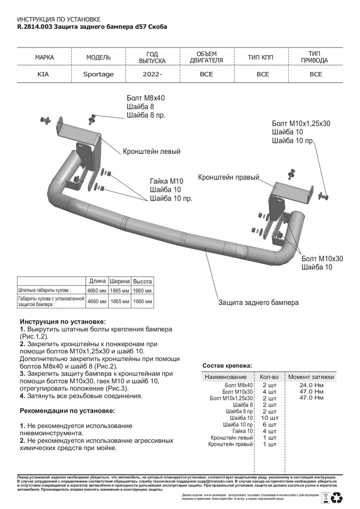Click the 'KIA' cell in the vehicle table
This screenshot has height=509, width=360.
point(43,74)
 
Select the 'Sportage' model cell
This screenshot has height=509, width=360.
point(98,74)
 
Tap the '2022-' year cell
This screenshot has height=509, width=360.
point(152,74)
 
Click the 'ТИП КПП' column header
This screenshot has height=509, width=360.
point(262,57)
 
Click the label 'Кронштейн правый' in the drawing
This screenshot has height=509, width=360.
point(228,177)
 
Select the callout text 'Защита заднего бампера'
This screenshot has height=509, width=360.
point(258,303)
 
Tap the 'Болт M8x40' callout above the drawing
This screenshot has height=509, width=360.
point(145,98)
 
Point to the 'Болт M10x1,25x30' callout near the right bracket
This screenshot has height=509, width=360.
point(301,124)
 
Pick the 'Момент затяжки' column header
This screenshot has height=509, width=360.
point(311,377)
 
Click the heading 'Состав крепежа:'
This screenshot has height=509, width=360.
point(227,366)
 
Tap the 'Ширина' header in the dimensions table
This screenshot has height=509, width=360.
point(120,281)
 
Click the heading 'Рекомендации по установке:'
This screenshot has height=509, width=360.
point(67,411)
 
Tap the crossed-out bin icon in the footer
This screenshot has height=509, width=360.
point(325,497)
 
